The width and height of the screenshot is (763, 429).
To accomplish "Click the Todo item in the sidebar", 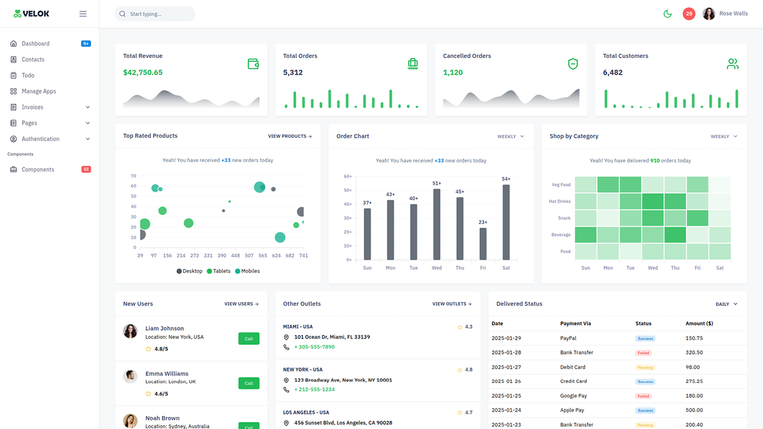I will tap(28, 76).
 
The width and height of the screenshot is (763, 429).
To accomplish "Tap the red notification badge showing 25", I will tap(689, 14).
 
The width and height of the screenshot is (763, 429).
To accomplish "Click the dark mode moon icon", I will tap(668, 14).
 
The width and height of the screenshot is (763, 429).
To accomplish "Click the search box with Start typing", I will tap(155, 14).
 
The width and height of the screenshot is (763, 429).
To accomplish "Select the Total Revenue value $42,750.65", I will tap(143, 73).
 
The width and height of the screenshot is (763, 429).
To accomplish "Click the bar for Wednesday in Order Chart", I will tap(437, 224).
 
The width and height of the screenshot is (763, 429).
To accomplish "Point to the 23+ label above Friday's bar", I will tap(483, 222).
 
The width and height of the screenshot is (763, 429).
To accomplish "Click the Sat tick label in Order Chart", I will tap(506, 268).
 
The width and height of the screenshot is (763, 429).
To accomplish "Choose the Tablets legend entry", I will tap(219, 271).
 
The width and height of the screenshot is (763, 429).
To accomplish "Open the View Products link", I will tap(290, 136).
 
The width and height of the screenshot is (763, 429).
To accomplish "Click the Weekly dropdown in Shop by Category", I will tap(724, 136).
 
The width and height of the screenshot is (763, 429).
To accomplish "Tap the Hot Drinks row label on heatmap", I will tap(560, 201).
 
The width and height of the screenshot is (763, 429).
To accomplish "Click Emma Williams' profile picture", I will tap(131, 377).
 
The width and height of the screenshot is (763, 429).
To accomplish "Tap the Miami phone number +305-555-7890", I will tap(314, 347).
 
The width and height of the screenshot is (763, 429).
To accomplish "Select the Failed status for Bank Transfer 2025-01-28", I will tap(643, 353).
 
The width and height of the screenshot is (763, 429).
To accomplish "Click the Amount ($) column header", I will tap(699, 324).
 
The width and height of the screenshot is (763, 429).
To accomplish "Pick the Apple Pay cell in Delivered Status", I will tap(572, 410).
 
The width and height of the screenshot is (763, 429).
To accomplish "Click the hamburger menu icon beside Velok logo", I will tap(83, 14).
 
